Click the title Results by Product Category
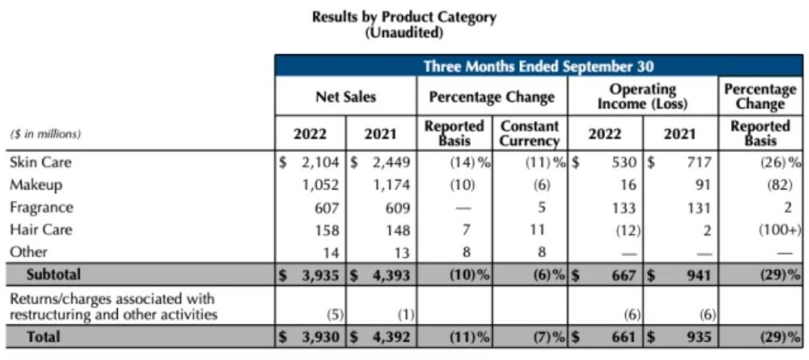(x=404, y=17)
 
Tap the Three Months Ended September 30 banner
(x=538, y=66)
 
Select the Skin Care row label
(x=41, y=162)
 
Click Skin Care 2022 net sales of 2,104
(x=321, y=162)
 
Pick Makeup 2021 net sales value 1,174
(x=390, y=186)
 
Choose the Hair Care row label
(x=41, y=230)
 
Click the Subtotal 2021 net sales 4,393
(x=387, y=275)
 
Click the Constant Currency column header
(x=530, y=134)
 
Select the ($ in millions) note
(x=45, y=134)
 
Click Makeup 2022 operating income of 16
(x=627, y=186)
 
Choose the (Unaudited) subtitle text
(x=404, y=33)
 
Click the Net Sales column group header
(x=346, y=97)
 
